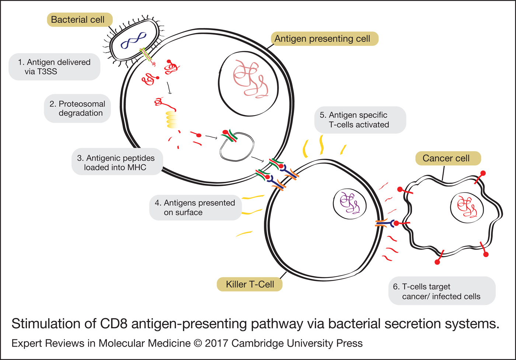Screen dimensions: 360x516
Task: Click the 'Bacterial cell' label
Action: pyautogui.click(x=80, y=20)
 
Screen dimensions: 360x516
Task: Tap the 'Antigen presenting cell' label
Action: pyautogui.click(x=324, y=39)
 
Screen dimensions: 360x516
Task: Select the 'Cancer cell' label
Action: pyautogui.click(x=448, y=158)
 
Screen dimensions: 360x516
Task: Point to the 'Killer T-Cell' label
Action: pyautogui.click(x=250, y=284)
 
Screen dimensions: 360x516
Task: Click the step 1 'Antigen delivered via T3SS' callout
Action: pyautogui.click(x=55, y=67)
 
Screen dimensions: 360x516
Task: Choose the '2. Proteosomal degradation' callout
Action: pyautogui.click(x=77, y=108)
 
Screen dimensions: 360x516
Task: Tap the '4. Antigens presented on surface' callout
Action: pyautogui.click(x=195, y=208)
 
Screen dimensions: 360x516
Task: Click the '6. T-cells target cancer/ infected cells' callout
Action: pyautogui.click(x=442, y=291)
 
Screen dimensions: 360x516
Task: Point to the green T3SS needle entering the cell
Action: pyautogui.click(x=145, y=56)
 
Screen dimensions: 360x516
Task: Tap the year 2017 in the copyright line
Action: pyautogui.click(x=217, y=343)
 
